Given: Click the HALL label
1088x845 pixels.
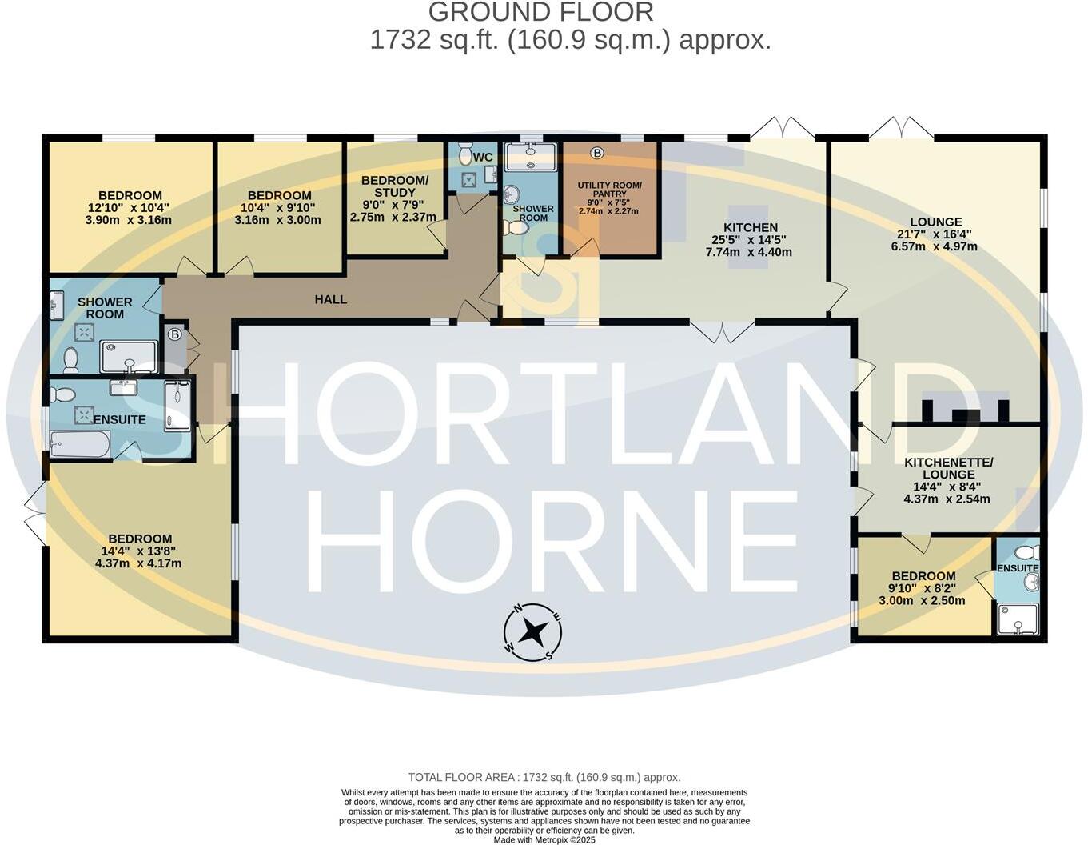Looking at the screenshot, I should (x=330, y=299).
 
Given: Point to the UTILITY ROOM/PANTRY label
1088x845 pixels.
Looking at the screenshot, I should (x=609, y=190).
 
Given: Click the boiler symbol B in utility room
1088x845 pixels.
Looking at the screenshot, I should (x=597, y=153).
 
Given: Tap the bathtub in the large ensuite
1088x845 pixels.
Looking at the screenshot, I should (x=80, y=444).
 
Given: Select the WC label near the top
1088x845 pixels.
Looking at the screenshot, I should (x=483, y=157).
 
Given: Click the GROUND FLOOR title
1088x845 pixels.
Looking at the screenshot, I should (x=541, y=12).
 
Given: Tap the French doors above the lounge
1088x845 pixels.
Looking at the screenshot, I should (x=901, y=128).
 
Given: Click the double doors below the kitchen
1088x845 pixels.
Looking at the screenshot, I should (x=722, y=331).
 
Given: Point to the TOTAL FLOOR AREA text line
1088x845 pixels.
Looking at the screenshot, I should (x=544, y=777).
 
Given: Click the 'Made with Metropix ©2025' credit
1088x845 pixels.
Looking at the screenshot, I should (x=544, y=839).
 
